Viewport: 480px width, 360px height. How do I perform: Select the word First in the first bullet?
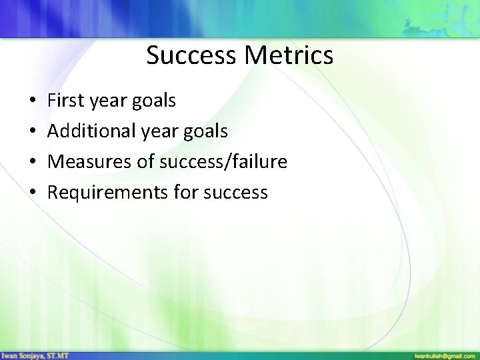(65, 101)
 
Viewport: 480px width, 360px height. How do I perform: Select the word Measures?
(87, 162)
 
